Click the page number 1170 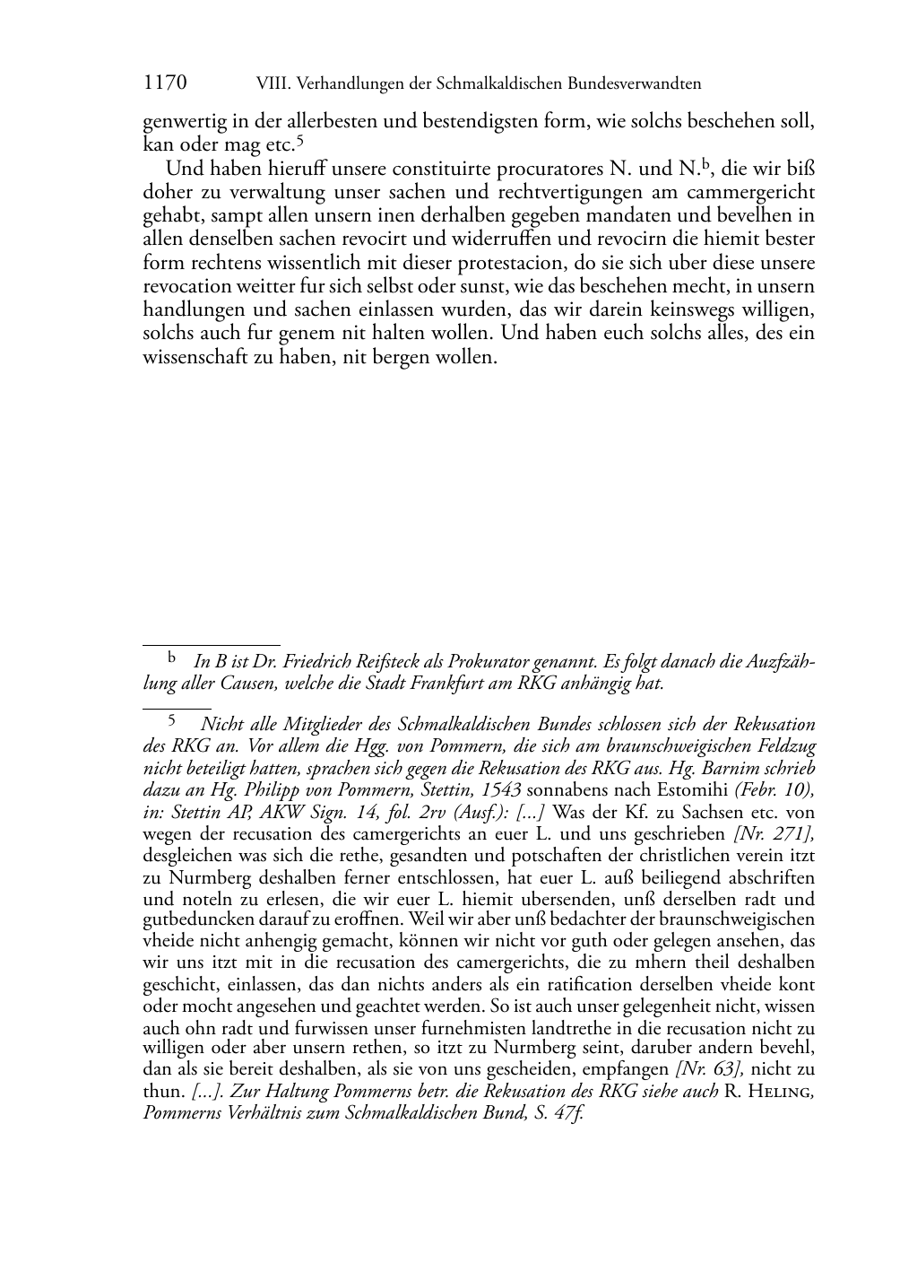click(165, 83)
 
